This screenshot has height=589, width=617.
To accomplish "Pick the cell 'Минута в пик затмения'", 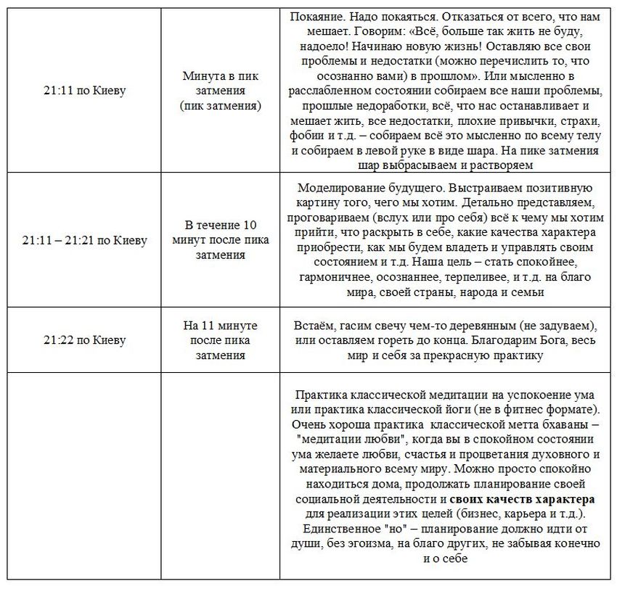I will [x=220, y=91].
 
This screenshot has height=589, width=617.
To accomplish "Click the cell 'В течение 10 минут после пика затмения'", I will [x=220, y=239].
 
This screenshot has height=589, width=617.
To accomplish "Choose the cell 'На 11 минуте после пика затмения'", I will [x=220, y=340].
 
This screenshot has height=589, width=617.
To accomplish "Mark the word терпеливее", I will [x=481, y=276].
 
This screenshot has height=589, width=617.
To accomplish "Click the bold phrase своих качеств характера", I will [x=523, y=500].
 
